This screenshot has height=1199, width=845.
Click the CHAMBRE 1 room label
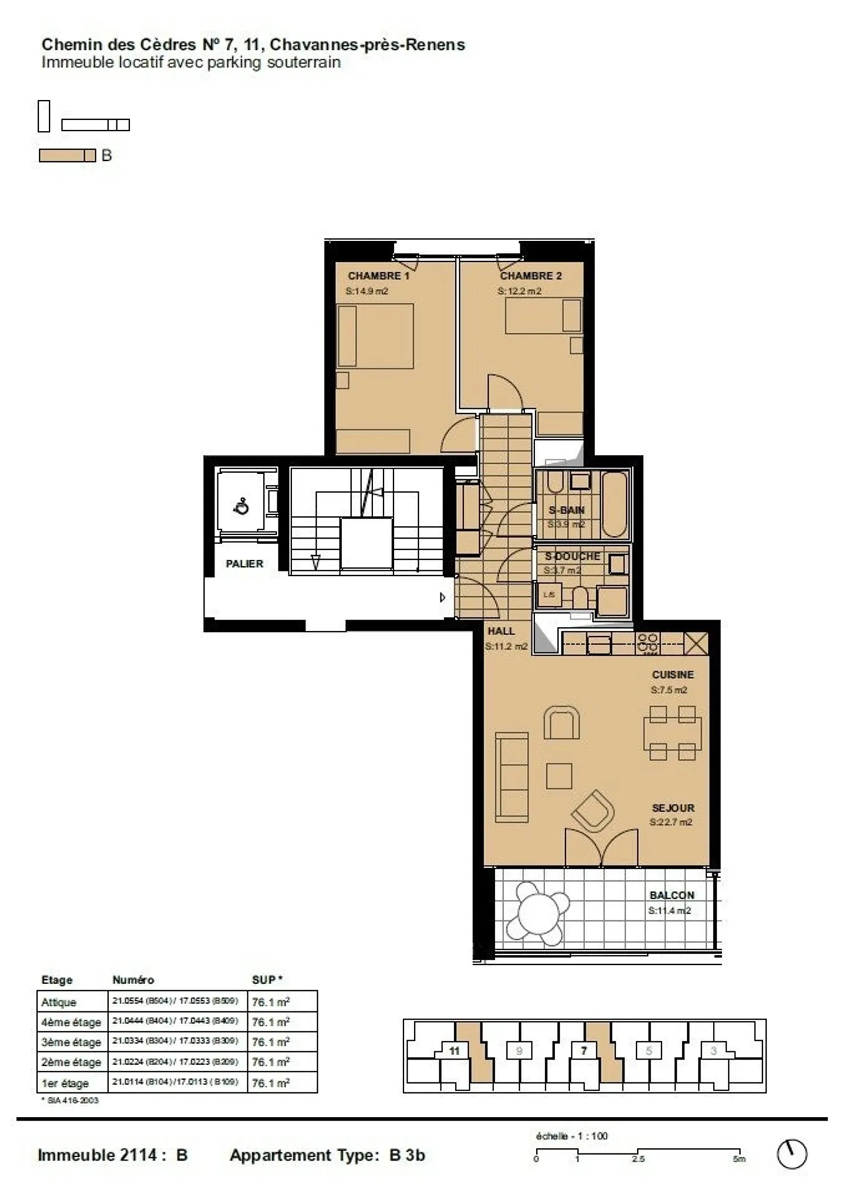pyautogui.click(x=378, y=275)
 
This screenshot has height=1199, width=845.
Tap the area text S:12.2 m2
pyautogui.click(x=519, y=291)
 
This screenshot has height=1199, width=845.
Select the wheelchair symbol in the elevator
pyautogui.click(x=241, y=506)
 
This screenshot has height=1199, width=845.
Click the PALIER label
pyautogui.click(x=244, y=563)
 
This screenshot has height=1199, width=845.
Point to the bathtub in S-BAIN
pyautogui.click(x=614, y=504)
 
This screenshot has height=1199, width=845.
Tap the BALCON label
pyautogui.click(x=671, y=895)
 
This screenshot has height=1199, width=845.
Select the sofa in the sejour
pyautogui.click(x=511, y=776)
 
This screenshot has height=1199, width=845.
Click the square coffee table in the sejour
pyautogui.click(x=559, y=776)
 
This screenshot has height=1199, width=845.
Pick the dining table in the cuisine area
pyautogui.click(x=672, y=734)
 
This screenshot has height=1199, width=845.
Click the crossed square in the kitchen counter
pyautogui.click(x=696, y=644)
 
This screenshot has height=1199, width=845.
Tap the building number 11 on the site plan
pyautogui.click(x=454, y=1051)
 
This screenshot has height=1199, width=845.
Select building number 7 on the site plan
pyautogui.click(x=584, y=1051)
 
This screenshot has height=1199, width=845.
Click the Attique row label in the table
pyautogui.click(x=59, y=1002)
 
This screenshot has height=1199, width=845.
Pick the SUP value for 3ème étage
pyautogui.click(x=271, y=1042)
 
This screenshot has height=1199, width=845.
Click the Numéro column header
pyautogui.click(x=133, y=980)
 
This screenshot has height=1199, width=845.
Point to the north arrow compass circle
pyautogui.click(x=792, y=1154)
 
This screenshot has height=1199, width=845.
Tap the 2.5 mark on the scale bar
pyautogui.click(x=638, y=1159)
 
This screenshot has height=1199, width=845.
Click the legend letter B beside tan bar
pyautogui.click(x=106, y=156)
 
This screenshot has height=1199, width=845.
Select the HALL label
pyautogui.click(x=501, y=631)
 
